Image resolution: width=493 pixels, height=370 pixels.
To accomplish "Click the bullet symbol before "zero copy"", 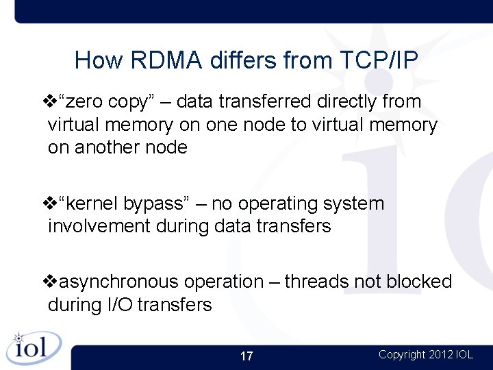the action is tap(50, 102).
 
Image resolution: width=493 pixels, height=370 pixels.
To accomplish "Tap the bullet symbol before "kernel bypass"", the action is tap(50, 204).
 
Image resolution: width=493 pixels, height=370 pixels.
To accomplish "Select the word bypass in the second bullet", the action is tap(162, 204).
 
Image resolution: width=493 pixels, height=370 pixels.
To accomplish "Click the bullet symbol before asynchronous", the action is tap(50, 282).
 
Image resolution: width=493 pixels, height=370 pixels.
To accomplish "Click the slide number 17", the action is tap(246, 356).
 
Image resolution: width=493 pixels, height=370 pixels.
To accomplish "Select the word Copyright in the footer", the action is tap(402, 354).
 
